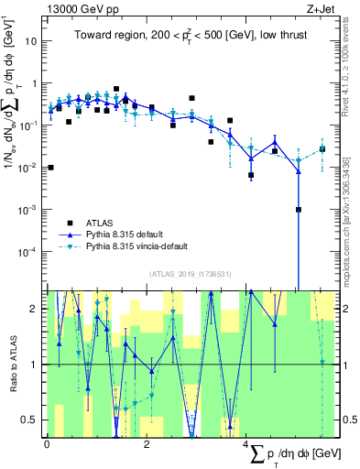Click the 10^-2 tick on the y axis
pyautogui.click(x=27, y=168)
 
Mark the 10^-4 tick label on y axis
pyautogui.click(x=27, y=251)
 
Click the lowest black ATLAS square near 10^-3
pyautogui.click(x=299, y=209)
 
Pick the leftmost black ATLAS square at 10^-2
pyautogui.click(x=50, y=168)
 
